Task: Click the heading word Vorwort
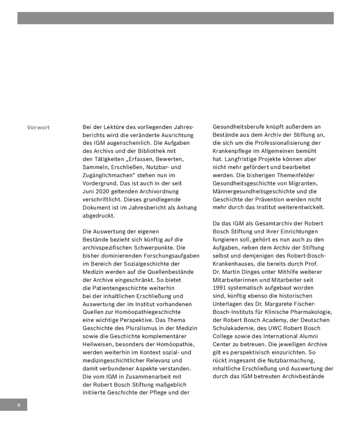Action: (38, 128)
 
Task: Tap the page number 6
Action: (18, 405)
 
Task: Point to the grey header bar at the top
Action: (176, 18)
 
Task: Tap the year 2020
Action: (106, 191)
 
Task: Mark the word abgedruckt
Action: (98, 215)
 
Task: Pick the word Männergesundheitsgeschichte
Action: (257, 191)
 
